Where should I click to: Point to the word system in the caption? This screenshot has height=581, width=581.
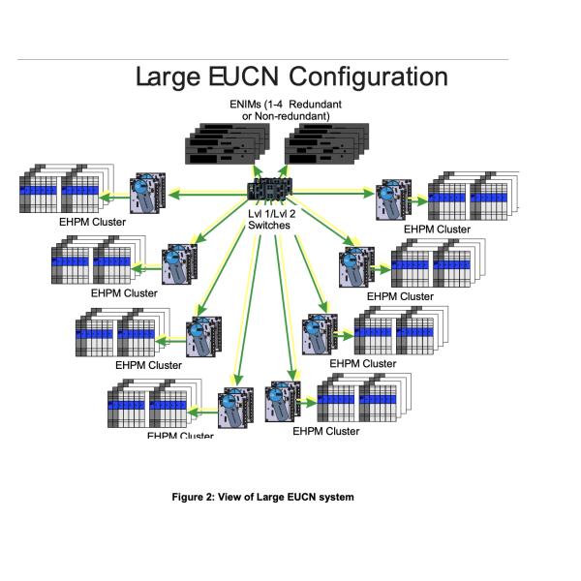[x=337, y=498]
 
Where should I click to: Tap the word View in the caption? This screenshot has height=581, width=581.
[x=254, y=498]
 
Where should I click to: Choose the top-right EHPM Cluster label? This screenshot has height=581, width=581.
[x=437, y=229]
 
